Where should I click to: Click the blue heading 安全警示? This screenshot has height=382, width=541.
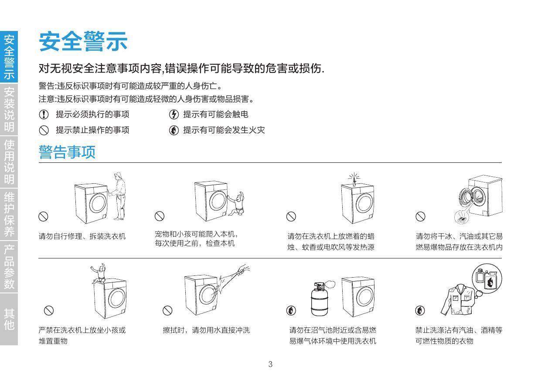click(x=83, y=41)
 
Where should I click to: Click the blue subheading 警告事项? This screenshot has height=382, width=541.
click(x=67, y=152)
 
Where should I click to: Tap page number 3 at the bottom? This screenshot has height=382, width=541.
click(x=270, y=364)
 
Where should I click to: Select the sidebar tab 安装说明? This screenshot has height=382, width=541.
click(x=9, y=109)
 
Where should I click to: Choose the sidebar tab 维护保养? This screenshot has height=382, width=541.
click(x=9, y=214)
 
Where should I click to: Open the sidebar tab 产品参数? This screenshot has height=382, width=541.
click(x=9, y=267)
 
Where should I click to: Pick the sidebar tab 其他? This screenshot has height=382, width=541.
click(x=9, y=319)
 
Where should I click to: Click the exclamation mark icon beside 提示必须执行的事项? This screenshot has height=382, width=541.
click(x=44, y=114)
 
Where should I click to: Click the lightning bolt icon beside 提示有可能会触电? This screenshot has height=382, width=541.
click(x=174, y=114)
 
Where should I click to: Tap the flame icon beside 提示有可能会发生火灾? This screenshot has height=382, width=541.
click(x=174, y=131)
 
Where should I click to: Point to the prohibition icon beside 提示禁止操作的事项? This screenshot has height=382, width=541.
click(x=44, y=131)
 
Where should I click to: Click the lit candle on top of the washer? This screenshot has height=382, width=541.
click(x=354, y=180)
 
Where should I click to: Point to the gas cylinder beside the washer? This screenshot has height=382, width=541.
click(x=320, y=299)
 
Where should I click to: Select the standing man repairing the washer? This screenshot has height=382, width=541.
click(x=118, y=196)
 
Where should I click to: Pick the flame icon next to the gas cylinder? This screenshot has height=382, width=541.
click(x=291, y=310)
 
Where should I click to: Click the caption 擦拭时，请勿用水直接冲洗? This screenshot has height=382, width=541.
click(x=206, y=330)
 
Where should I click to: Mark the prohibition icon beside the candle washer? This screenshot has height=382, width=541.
click(x=291, y=216)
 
